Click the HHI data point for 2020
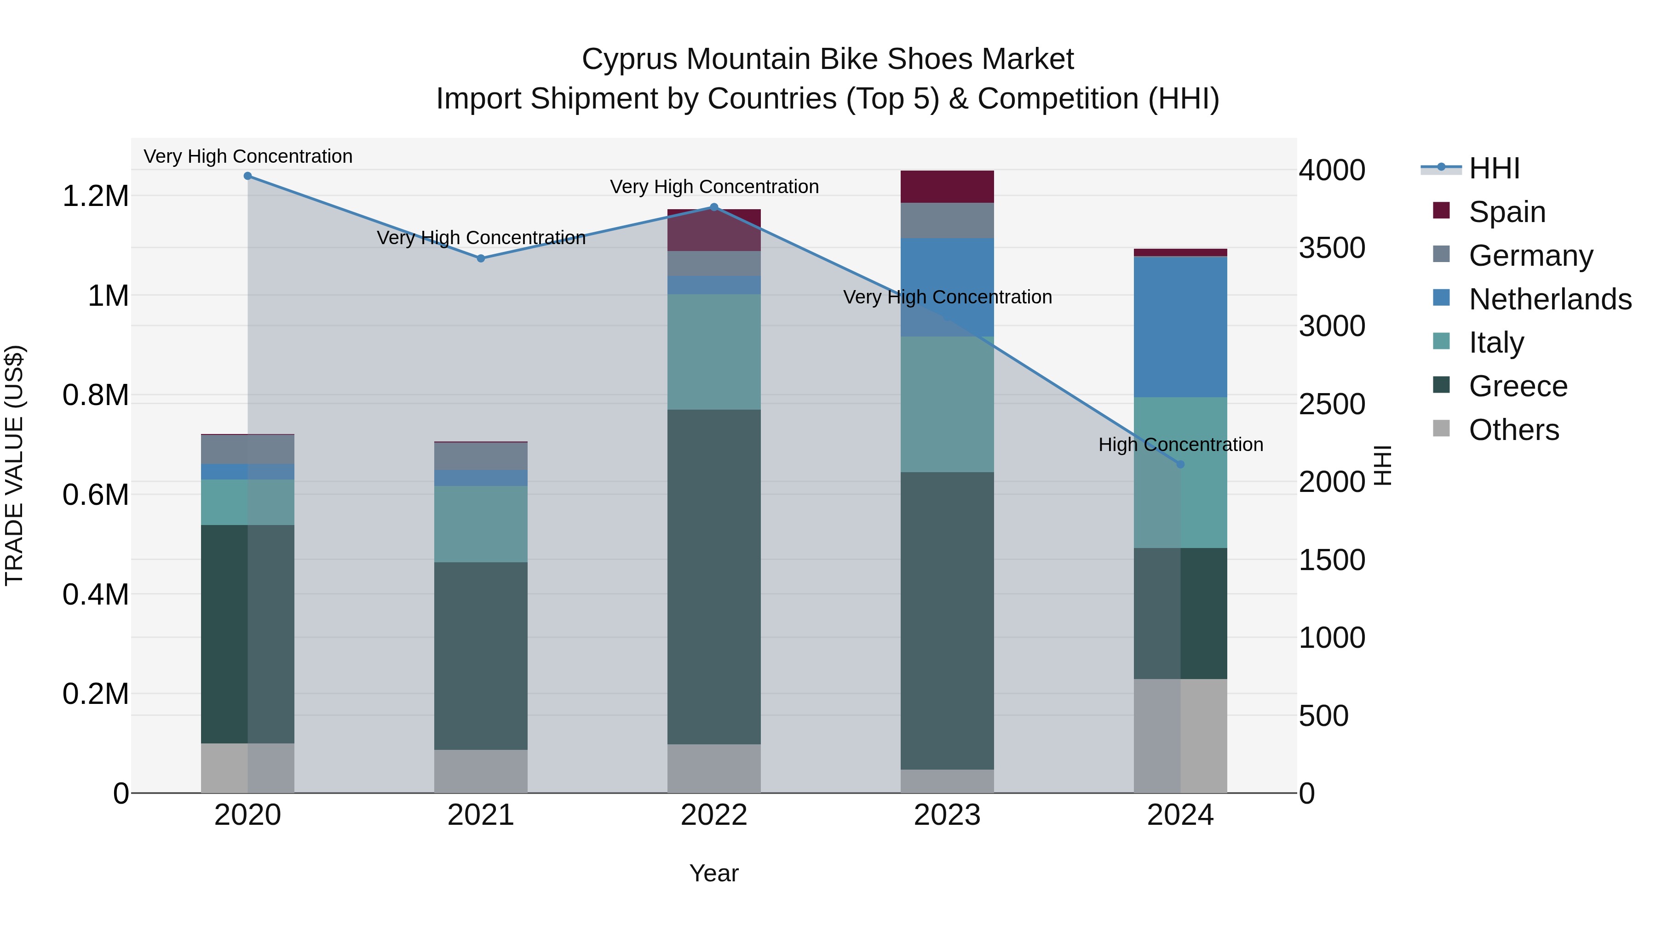[247, 176]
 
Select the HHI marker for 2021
[481, 258]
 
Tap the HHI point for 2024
[1180, 464]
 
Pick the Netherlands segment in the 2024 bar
[1180, 327]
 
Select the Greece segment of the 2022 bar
[713, 577]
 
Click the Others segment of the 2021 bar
[481, 771]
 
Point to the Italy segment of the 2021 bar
[481, 524]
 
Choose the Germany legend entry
[1530, 256]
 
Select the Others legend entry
[1514, 430]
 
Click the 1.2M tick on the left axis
[96, 196]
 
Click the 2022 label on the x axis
[713, 815]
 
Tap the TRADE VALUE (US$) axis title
[14, 465]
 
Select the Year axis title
[713, 873]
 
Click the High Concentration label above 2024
[1180, 445]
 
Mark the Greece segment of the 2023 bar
[947, 620]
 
